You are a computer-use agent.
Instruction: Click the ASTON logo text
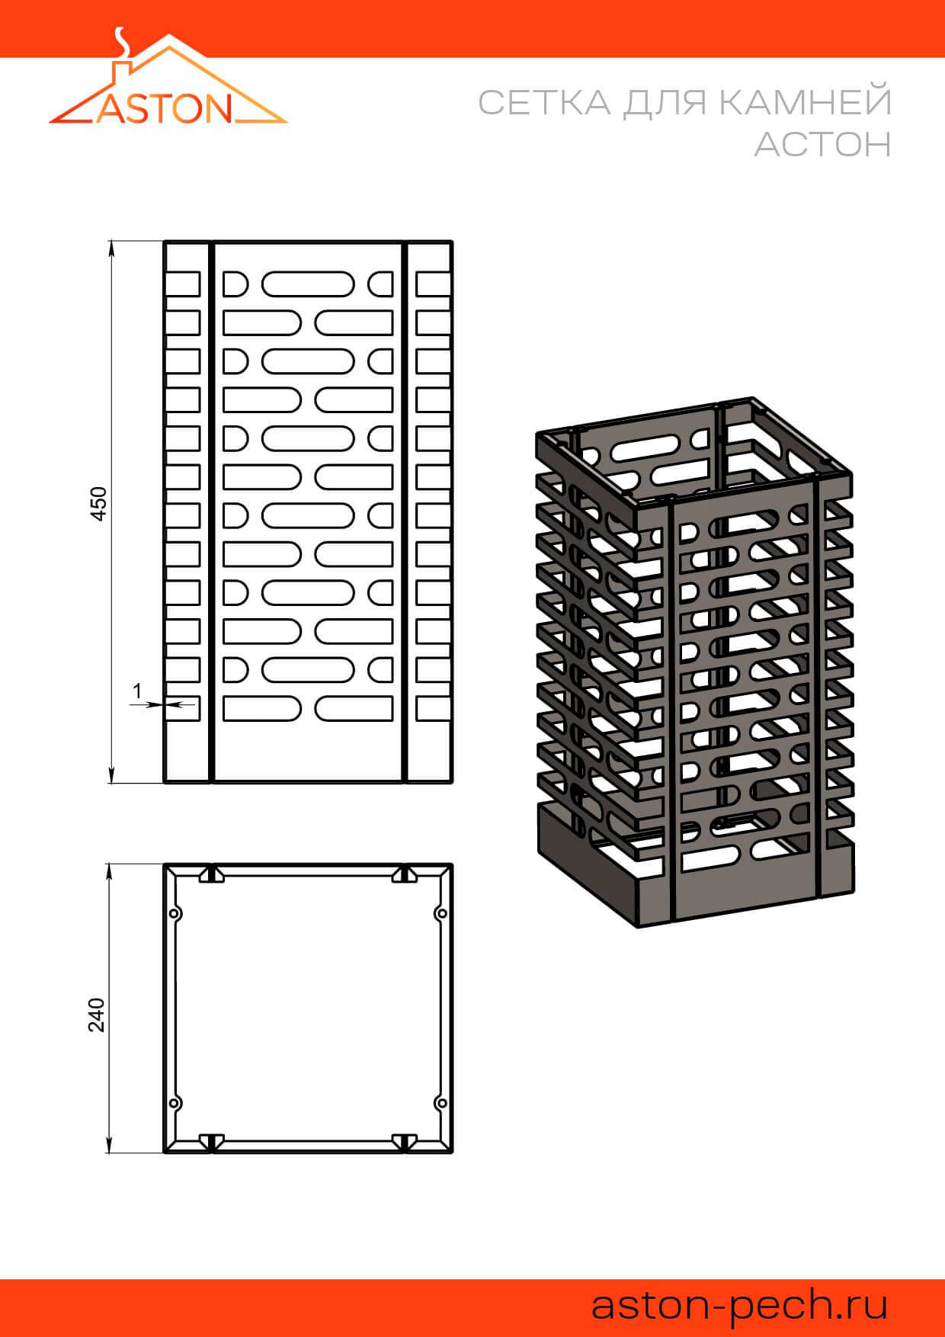click(x=164, y=108)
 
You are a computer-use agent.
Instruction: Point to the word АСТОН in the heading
click(x=823, y=144)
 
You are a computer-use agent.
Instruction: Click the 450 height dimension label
click(x=99, y=503)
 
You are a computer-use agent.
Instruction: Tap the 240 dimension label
click(x=97, y=1015)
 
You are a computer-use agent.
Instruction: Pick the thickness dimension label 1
click(x=137, y=691)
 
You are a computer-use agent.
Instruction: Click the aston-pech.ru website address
click(x=740, y=1304)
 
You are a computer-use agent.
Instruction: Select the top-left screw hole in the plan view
click(x=175, y=913)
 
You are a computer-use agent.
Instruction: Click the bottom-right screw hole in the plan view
click(x=440, y=1103)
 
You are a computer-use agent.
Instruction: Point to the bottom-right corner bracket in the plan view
click(x=404, y=1141)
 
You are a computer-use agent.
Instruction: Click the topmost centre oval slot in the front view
click(x=308, y=284)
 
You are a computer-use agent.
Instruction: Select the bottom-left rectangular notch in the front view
click(x=182, y=708)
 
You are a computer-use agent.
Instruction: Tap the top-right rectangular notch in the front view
click(x=434, y=284)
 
